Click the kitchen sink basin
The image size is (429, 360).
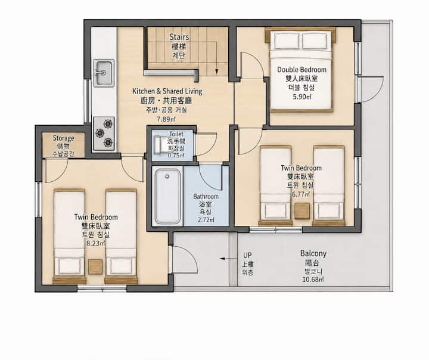104,73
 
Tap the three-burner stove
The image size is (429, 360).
104,134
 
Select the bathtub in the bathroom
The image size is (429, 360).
167,196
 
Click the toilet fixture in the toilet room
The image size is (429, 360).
158,144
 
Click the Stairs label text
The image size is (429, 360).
179,37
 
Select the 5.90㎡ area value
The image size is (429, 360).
301,97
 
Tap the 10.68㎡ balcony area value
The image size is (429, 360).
313,280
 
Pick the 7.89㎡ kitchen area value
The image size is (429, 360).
166,119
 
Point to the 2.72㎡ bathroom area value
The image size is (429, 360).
206,219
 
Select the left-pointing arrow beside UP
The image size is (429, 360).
229,259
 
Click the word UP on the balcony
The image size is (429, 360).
247,255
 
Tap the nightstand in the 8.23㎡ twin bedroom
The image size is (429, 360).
95,266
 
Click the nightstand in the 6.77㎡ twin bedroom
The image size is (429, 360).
302,211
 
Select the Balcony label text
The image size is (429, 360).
313,253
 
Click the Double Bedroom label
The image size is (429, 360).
301,70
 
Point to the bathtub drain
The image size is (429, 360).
167,176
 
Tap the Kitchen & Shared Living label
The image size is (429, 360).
167,91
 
